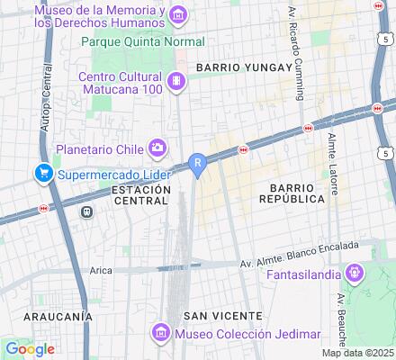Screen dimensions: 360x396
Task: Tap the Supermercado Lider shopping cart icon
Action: (x=41, y=172)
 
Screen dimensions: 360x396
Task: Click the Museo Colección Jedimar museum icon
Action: (x=162, y=334)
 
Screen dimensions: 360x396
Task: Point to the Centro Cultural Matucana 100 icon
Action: (x=178, y=81)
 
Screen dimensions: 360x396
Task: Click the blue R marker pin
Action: (x=198, y=163)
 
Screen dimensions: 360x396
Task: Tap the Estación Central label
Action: (x=142, y=195)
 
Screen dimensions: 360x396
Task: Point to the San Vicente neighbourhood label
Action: (x=222, y=316)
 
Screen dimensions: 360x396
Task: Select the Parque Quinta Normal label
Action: (x=143, y=40)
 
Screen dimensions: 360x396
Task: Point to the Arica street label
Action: (x=101, y=269)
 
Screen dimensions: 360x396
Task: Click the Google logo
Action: (x=30, y=349)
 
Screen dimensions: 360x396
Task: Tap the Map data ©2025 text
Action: (x=364, y=354)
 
